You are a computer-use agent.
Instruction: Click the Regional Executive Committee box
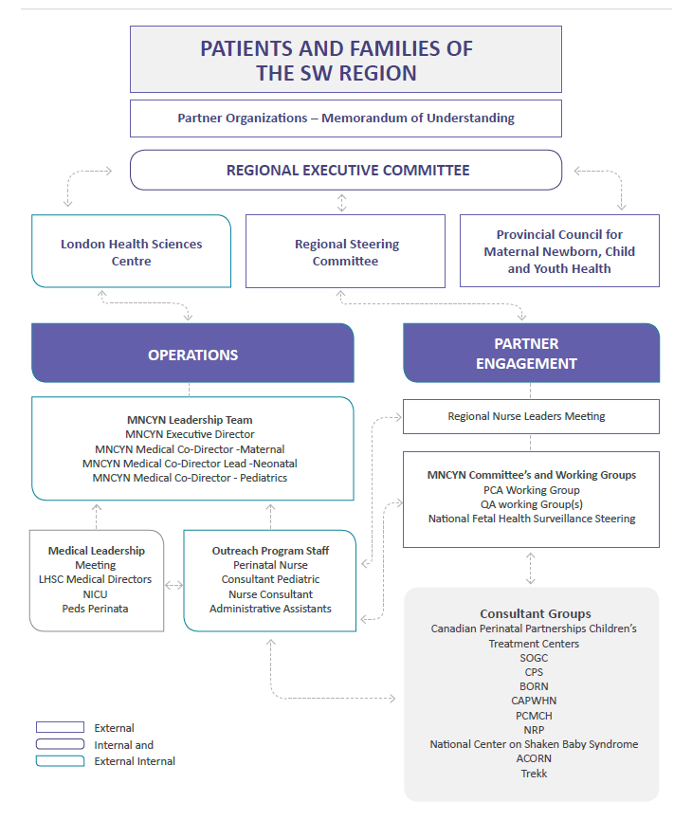(x=346, y=171)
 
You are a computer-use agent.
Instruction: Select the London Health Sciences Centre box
(x=131, y=252)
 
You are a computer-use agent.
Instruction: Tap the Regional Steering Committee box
(x=345, y=252)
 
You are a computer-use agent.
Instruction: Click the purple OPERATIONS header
(x=192, y=355)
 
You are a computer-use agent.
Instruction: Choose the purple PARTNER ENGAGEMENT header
(x=531, y=353)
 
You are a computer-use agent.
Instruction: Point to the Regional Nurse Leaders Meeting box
(x=526, y=416)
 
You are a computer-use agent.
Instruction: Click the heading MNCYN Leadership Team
(x=190, y=420)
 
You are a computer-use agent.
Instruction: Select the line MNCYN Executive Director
(x=190, y=434)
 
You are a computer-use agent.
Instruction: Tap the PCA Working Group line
(x=531, y=490)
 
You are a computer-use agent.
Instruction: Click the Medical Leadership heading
(x=96, y=551)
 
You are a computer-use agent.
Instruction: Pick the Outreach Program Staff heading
(x=270, y=551)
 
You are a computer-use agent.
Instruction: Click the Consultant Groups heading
(x=535, y=614)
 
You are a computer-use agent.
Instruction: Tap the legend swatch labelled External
(x=60, y=728)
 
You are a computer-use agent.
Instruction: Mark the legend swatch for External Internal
(x=60, y=761)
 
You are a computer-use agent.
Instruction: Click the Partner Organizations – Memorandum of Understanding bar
(x=346, y=118)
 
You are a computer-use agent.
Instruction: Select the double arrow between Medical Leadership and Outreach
(x=173, y=586)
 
